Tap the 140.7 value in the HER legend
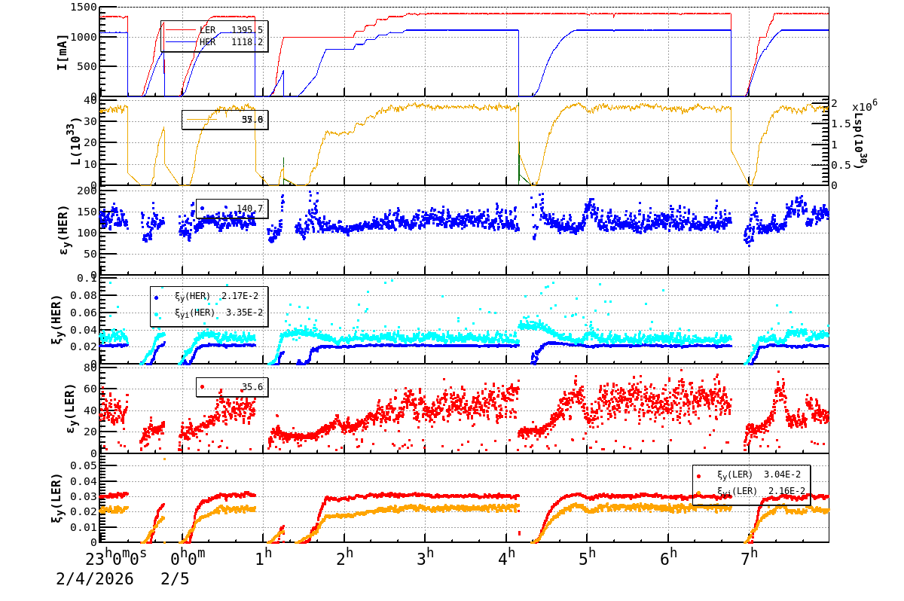tap(250, 209)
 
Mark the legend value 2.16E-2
tap(786, 490)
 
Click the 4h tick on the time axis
tap(510, 557)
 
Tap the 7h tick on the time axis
tap(748, 557)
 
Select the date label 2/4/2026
tap(94, 579)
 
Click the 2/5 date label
tap(175, 579)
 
